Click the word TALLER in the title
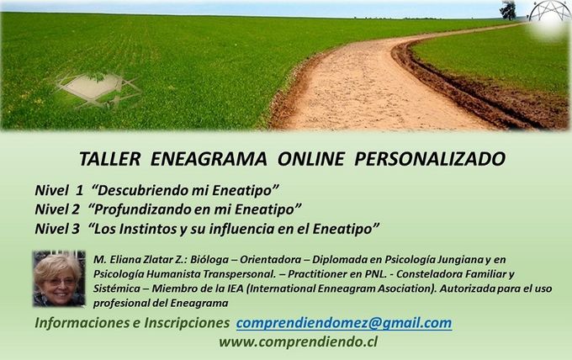tap(110, 159)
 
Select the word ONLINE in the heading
tap(310, 159)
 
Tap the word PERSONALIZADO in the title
tap(430, 159)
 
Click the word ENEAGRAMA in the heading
tap(209, 159)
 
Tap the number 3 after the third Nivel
tap(75, 229)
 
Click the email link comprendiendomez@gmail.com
tap(344, 323)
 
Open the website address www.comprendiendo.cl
tap(298, 341)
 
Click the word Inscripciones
tap(187, 323)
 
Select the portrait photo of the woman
tap(59, 278)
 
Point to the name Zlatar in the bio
tap(159, 259)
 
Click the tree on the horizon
tap(508, 10)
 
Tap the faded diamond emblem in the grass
tap(98, 89)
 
